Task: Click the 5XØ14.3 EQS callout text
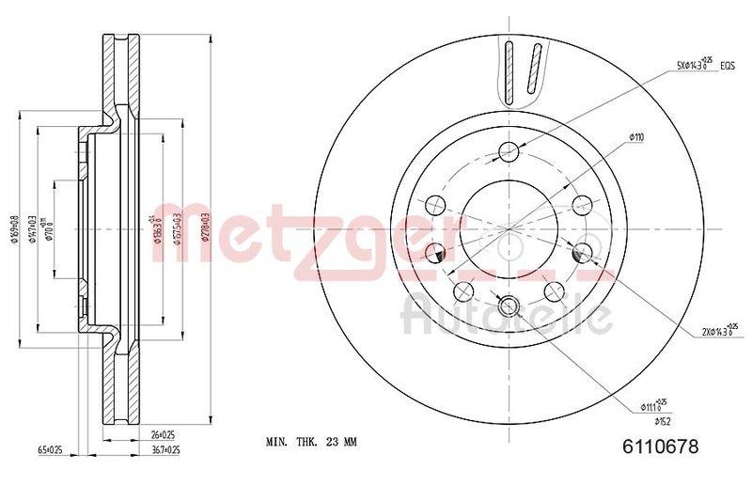pos(701,67)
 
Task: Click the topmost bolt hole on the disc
pos(509,151)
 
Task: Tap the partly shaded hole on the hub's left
pos(437,252)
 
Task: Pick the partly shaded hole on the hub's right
pos(582,251)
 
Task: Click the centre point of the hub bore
pos(509,227)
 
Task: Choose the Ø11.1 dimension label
pos(653,406)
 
